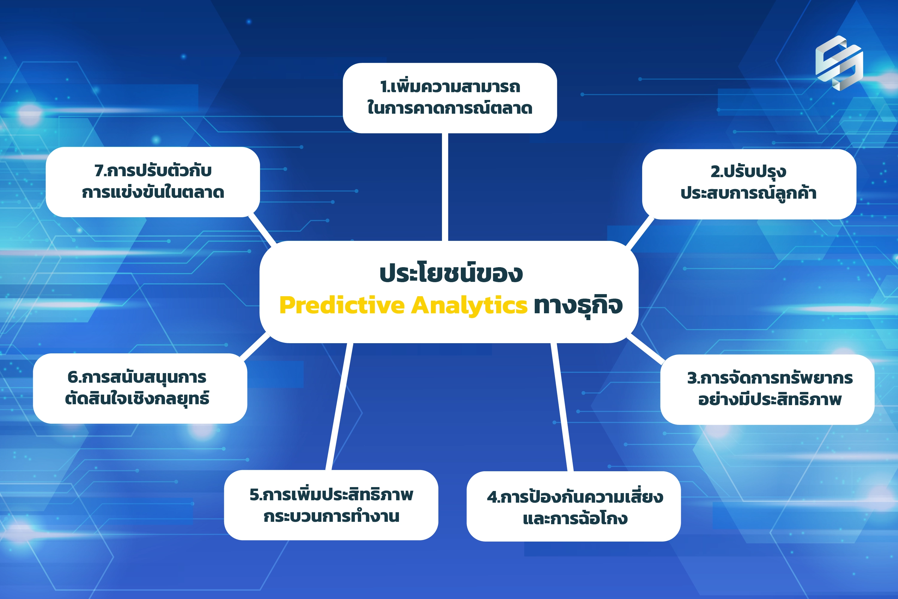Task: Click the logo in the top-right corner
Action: tap(839, 63)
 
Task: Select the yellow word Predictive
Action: tap(342, 305)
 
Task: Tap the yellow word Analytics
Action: tap(469, 305)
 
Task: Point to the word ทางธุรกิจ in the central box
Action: tap(578, 305)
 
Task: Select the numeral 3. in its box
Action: tap(694, 378)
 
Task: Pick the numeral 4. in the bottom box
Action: tap(493, 497)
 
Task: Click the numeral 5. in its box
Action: tap(256, 494)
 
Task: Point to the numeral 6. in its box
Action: tap(73, 377)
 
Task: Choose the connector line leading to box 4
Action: tap(562, 407)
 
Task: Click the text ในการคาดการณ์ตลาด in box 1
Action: tap(449, 108)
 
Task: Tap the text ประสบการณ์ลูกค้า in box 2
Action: tap(749, 193)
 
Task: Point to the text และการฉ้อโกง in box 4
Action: tap(575, 519)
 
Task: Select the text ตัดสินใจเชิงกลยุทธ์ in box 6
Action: tap(137, 399)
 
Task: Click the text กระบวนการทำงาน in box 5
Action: tap(331, 516)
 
